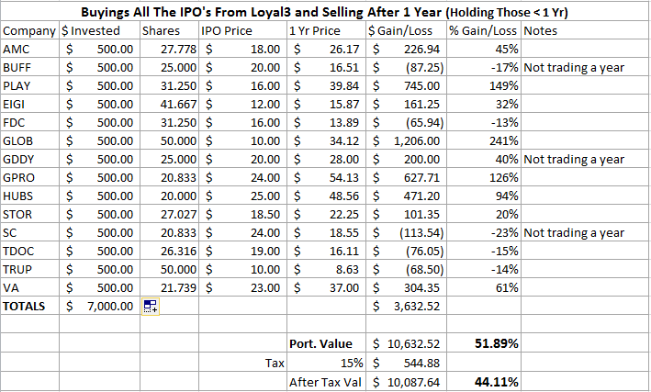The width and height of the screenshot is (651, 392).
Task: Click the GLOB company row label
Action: [x=19, y=141]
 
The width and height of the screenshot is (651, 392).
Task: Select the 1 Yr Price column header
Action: [x=314, y=30]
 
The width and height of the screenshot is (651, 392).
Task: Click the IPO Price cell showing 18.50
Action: [x=263, y=215]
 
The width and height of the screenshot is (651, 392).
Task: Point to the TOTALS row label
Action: [x=26, y=308]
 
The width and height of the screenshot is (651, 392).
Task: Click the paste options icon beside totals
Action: [x=150, y=308]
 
